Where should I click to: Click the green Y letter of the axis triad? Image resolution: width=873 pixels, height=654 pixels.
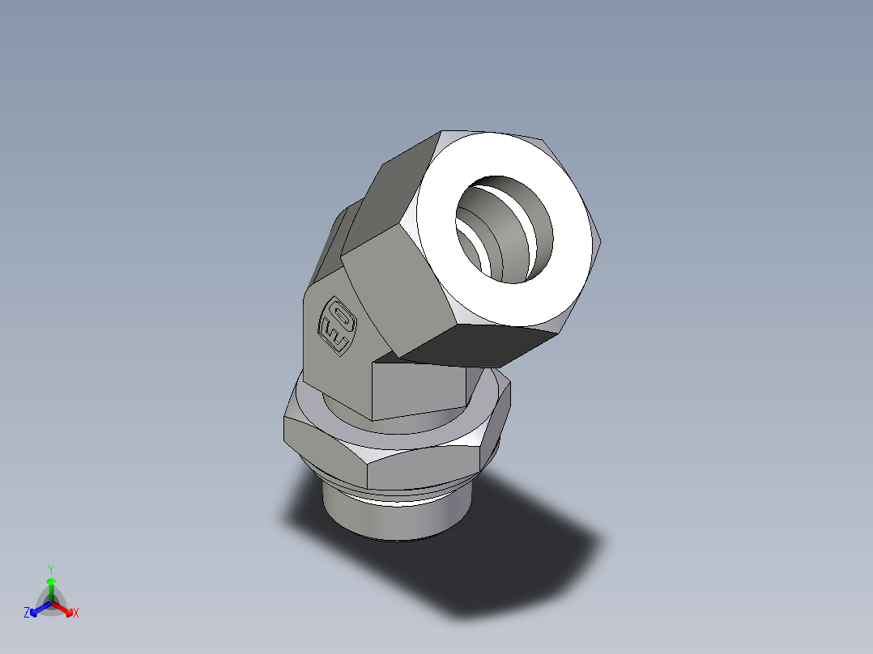pos(50,568)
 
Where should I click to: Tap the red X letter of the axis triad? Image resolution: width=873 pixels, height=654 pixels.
pos(76,614)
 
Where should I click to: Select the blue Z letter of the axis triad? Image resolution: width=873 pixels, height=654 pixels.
pos(27,614)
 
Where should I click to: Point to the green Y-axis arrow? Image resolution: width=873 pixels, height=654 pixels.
pos(51,587)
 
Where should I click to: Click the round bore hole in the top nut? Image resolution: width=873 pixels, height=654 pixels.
pos(504,228)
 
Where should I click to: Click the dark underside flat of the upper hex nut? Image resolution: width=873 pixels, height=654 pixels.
pos(478,344)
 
